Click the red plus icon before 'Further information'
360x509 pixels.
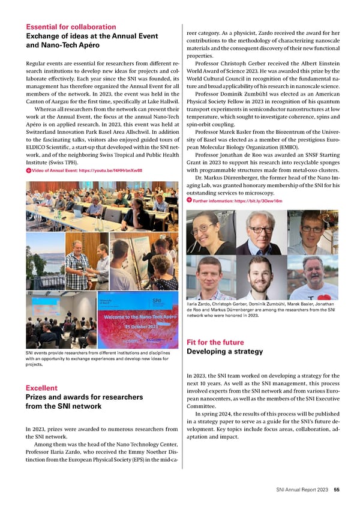pyautogui.click(x=189, y=200)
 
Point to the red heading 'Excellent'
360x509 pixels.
pyautogui.click(x=41, y=388)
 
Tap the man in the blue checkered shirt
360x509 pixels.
pyautogui.click(x=79, y=264)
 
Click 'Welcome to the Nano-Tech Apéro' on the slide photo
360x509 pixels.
pyautogui.click(x=139, y=316)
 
